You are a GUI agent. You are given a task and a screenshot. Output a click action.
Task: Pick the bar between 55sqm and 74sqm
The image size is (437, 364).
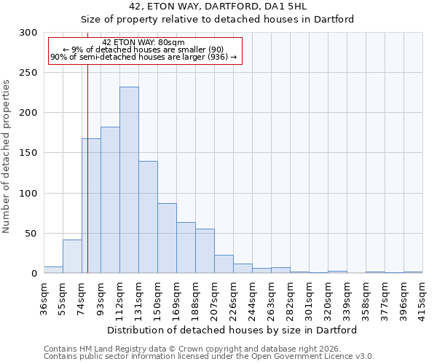pos(72,256)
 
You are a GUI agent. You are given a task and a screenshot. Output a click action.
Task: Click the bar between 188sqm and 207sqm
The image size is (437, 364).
pos(205,251)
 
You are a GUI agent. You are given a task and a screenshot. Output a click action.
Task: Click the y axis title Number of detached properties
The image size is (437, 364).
pos(7,157)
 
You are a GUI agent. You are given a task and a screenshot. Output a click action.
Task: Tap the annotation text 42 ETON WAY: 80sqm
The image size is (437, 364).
pos(143,42)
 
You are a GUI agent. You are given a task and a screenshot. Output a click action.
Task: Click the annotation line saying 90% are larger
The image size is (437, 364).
pos(143,57)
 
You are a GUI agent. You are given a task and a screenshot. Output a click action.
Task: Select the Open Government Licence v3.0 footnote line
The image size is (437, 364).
pos(209,357)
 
